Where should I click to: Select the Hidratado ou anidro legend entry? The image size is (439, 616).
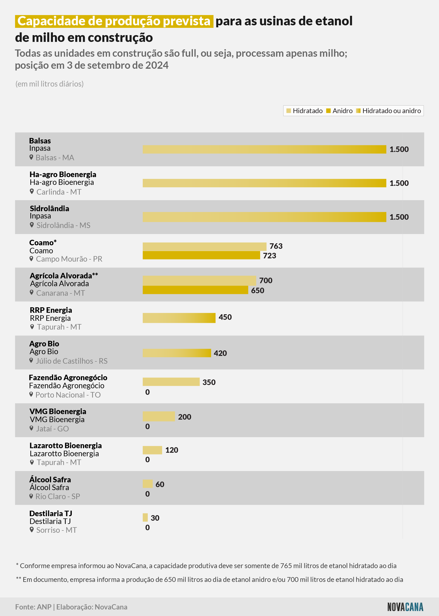click(x=388, y=111)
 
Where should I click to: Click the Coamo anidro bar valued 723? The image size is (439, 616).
click(x=201, y=255)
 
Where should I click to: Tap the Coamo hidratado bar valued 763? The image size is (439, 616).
click(x=205, y=247)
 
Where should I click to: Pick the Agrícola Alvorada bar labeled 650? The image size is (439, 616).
click(x=195, y=290)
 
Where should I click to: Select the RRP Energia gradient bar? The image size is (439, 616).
click(x=179, y=318)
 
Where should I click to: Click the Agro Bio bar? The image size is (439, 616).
click(x=177, y=353)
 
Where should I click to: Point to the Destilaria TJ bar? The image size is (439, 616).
click(x=145, y=517)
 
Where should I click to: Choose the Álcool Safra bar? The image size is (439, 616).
click(x=148, y=484)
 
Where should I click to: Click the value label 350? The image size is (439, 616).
click(x=209, y=382)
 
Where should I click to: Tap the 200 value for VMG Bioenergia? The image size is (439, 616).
click(x=185, y=417)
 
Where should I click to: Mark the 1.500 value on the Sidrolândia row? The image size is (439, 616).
click(x=399, y=217)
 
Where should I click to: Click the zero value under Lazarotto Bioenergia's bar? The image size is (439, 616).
click(x=147, y=459)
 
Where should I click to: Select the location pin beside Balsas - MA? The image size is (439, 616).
click(x=31, y=157)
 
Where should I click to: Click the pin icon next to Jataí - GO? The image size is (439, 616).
click(x=32, y=428)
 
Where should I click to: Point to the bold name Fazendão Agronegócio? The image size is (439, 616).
click(x=68, y=377)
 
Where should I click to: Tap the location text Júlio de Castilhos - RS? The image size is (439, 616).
click(x=72, y=361)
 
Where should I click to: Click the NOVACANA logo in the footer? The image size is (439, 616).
click(x=405, y=607)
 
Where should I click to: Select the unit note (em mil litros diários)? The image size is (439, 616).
click(x=49, y=84)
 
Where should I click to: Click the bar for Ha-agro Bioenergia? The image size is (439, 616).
click(x=264, y=183)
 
